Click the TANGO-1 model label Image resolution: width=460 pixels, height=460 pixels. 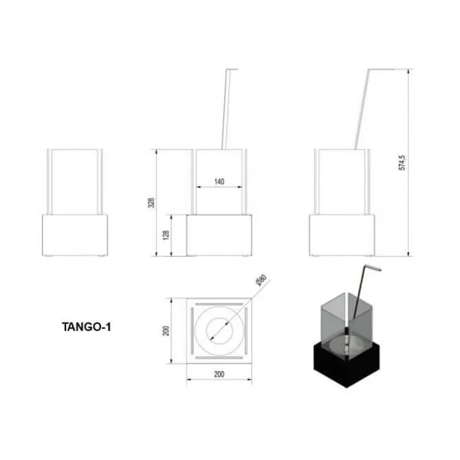pyautogui.click(x=87, y=327)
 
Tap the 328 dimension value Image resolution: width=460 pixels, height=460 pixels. pyautogui.click(x=151, y=203)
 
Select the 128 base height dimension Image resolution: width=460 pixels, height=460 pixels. pyautogui.click(x=166, y=235)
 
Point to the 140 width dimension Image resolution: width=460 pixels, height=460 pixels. pyautogui.click(x=219, y=182)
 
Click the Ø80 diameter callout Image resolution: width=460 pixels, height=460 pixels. pyautogui.click(x=261, y=280)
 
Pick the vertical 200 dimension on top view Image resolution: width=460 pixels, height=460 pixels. pyautogui.click(x=166, y=331)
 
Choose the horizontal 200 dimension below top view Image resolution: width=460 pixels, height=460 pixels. pyautogui.click(x=219, y=374)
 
